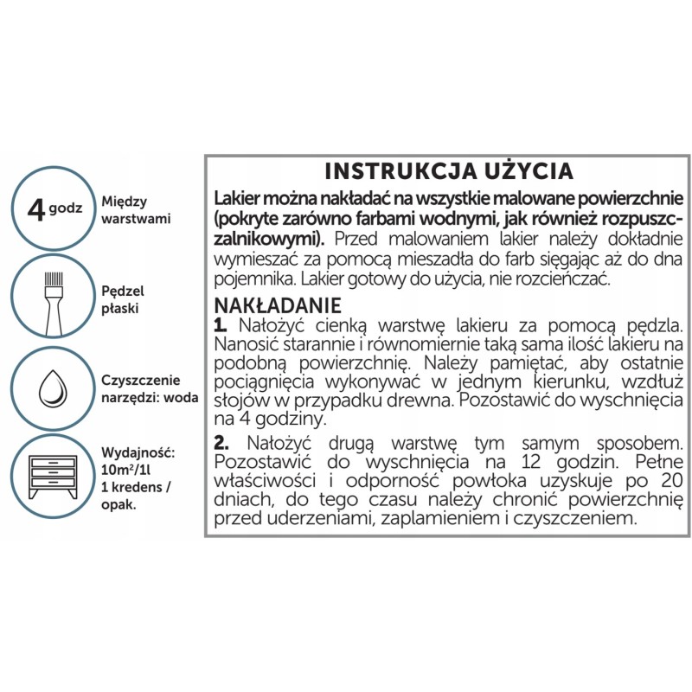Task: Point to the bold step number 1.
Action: point(220,325)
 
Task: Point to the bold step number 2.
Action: point(220,444)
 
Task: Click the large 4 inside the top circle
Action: point(36,208)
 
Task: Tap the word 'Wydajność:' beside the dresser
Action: point(139,452)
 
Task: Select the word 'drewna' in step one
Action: point(442,401)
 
